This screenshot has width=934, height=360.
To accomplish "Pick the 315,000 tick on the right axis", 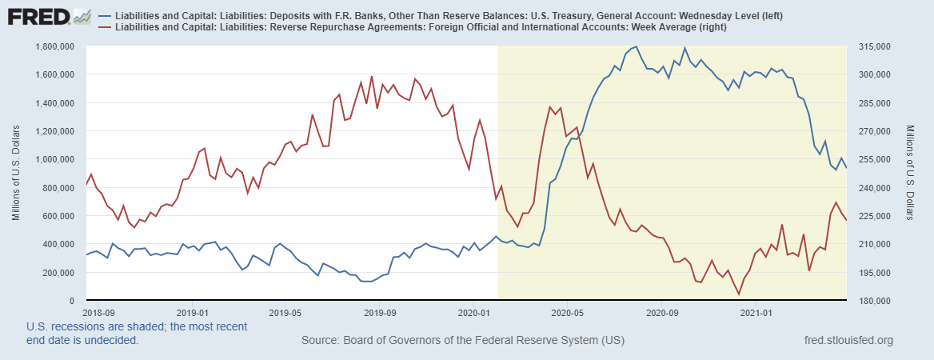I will [872, 46].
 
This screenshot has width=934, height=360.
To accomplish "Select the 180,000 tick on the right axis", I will [872, 301].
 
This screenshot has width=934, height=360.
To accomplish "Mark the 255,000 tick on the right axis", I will [872, 159].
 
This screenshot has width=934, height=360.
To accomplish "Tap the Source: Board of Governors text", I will [462, 341].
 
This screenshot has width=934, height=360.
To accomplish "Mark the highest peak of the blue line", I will [636, 46].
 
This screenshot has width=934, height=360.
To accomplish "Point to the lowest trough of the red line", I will [738, 294].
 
